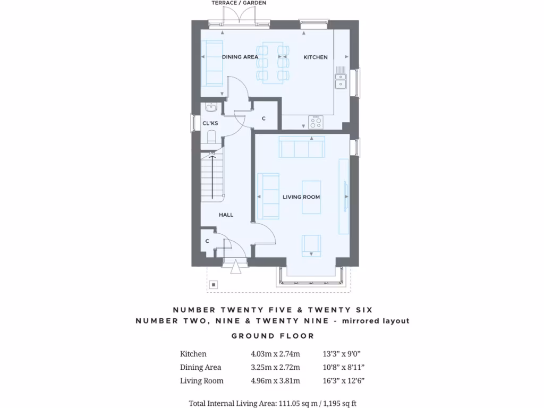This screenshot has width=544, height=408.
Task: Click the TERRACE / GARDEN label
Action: pos(239,3)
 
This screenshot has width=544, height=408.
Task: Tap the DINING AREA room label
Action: pos(240,57)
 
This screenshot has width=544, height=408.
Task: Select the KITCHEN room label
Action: pos(316,57)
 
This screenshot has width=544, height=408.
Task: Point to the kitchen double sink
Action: pos(340,80)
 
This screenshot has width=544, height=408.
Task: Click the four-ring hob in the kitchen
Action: pos(316,122)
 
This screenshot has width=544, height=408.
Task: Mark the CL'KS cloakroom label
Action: pos(210,123)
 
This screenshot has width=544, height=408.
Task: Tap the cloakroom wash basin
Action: pos(211,108)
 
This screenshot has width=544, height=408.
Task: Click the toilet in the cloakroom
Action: pos(211,137)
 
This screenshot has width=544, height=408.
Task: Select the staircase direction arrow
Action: pos(212,175)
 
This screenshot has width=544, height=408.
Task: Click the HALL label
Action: pos(226,215)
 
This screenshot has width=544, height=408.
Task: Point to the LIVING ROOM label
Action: pos(301,197)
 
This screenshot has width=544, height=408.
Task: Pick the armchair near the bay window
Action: pos(311,245)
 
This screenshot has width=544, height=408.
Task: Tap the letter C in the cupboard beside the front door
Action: pos(207,241)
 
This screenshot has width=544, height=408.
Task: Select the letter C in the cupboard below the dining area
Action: pos(263,118)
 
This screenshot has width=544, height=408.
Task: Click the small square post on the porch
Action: pos(214,284)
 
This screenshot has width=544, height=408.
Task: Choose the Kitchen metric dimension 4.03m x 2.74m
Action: pos(275,354)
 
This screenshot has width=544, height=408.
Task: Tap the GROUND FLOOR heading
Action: pos(273,336)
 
